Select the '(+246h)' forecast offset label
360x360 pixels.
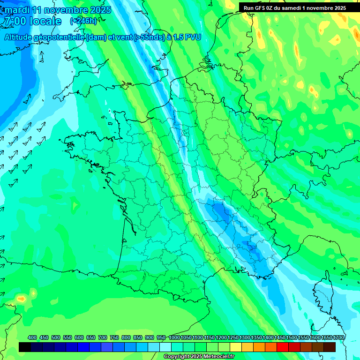(83, 21)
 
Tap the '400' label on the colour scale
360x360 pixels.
(32, 338)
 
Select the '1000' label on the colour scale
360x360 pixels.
(174, 338)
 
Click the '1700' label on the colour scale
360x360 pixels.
(330, 338)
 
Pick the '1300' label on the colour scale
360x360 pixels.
(245, 338)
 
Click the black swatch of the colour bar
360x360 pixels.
(25, 347)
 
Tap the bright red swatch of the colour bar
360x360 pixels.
(283, 347)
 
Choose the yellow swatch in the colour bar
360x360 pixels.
(236, 347)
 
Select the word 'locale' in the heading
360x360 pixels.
(45, 21)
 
